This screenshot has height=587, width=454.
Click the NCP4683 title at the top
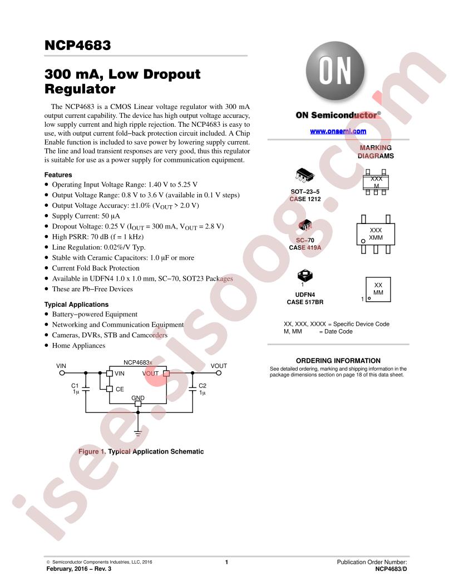point(77,45)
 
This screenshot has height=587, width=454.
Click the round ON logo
point(335,71)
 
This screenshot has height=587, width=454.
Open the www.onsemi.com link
point(338,131)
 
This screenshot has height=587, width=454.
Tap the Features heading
point(58,175)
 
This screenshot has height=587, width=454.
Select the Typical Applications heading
point(76,305)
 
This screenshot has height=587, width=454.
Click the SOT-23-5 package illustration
point(304,175)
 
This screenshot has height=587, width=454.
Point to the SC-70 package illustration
point(305,225)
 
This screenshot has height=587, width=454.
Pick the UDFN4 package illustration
point(304,276)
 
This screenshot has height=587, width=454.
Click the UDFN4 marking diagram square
point(378,290)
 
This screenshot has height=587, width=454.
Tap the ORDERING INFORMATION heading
point(338,361)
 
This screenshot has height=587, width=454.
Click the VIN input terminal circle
point(62,373)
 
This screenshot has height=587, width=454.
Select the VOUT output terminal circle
point(219,373)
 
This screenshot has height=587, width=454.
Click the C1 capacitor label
point(75,386)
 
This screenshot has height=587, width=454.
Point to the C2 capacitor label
point(203,386)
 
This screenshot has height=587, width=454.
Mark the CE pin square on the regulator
point(110,389)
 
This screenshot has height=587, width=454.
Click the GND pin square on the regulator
point(138,404)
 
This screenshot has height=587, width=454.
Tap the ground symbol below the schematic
point(138,434)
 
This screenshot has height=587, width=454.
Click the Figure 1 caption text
point(141,451)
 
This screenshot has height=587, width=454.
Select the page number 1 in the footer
point(226,562)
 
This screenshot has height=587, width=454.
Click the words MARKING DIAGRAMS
point(376,152)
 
